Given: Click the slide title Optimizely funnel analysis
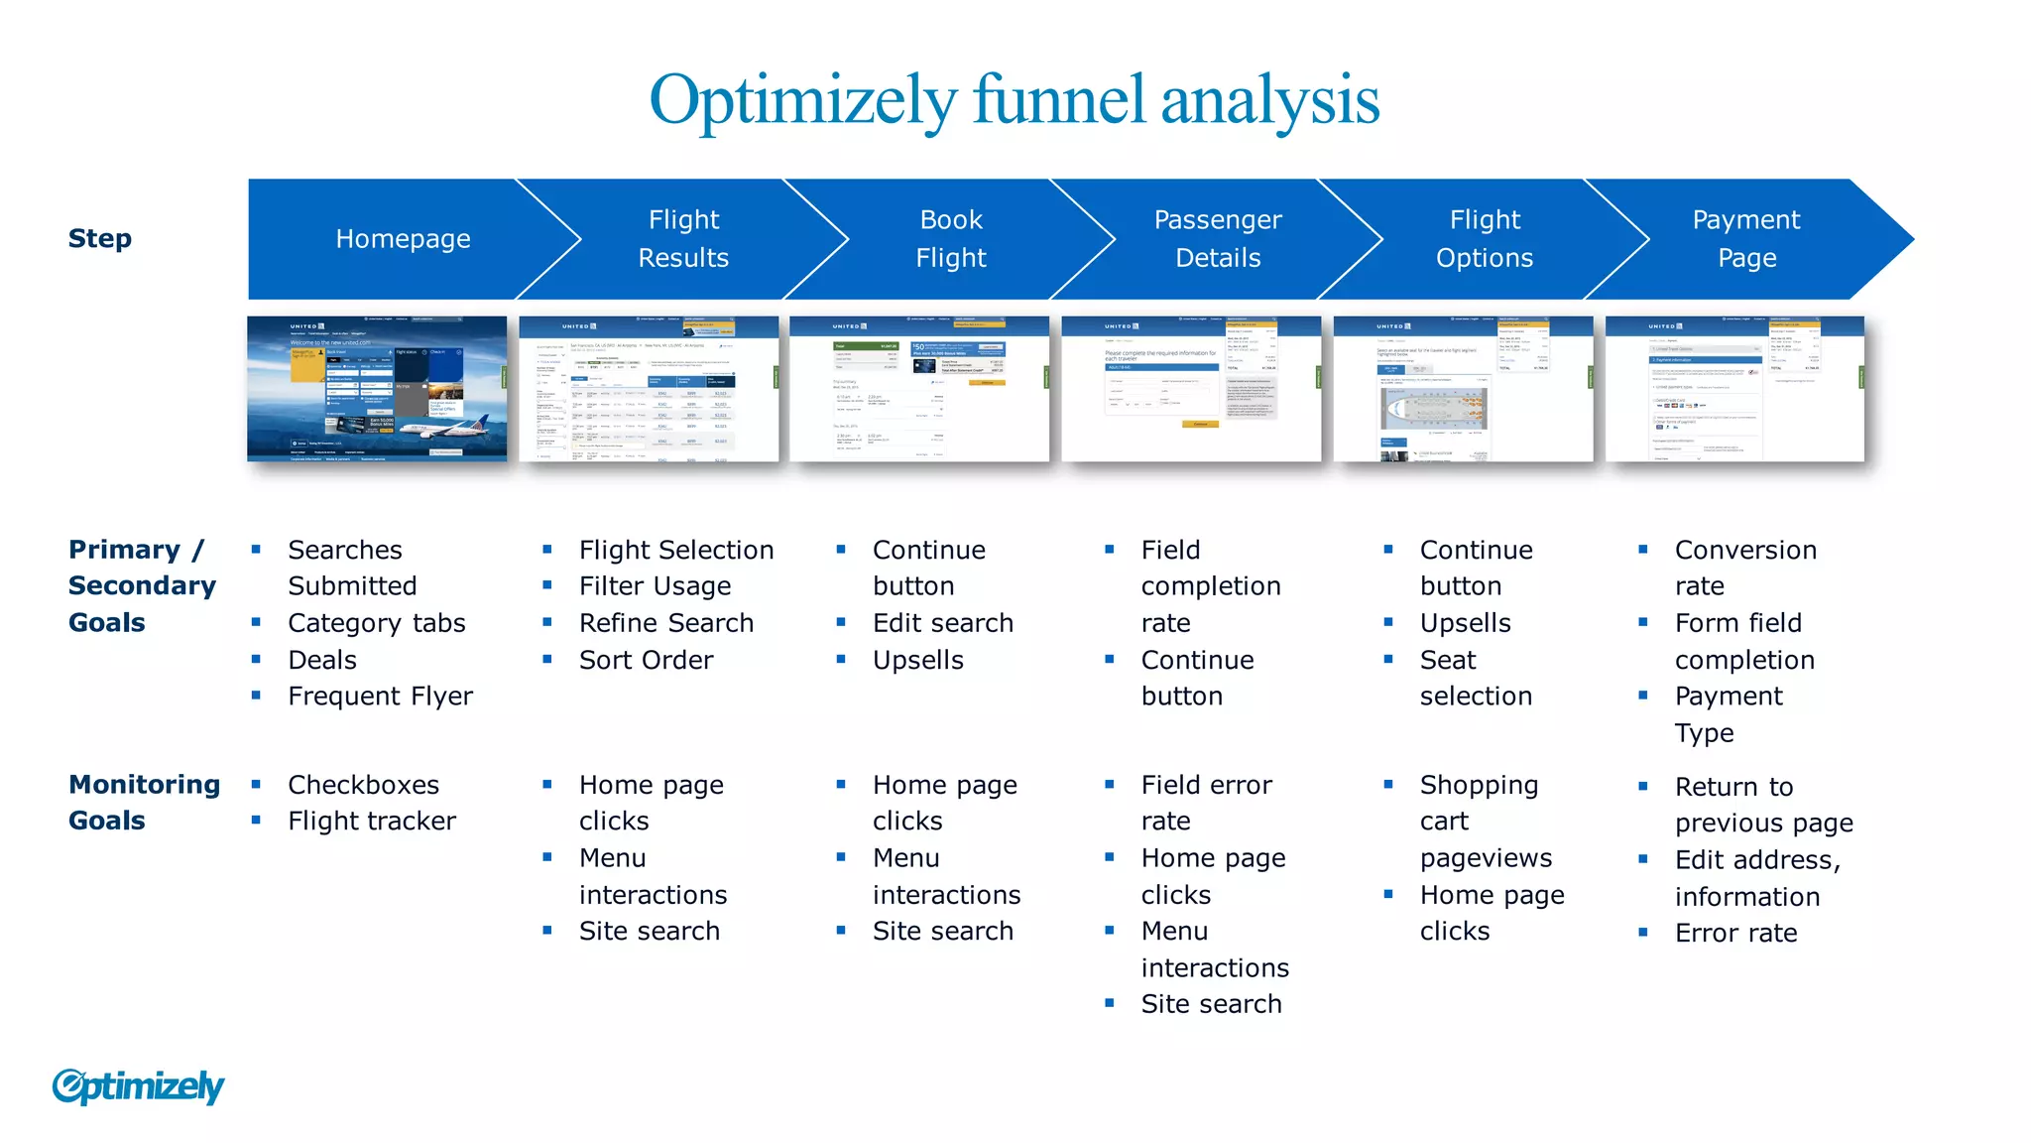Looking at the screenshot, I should pyautogui.click(x=1014, y=100).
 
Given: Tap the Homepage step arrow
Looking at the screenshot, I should pyautogui.click(x=403, y=239).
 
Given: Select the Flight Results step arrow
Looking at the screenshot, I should pyautogui.click(x=683, y=239).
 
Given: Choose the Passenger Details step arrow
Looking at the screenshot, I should pyautogui.click(x=1217, y=239).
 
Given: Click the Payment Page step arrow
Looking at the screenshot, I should pyautogui.click(x=1745, y=239).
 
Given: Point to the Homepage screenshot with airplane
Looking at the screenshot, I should pyautogui.click(x=377, y=389).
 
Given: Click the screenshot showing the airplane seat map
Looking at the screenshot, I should pyautogui.click(x=1463, y=389).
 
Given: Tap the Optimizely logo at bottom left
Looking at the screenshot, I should pyautogui.click(x=138, y=1086).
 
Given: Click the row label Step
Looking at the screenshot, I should pyautogui.click(x=99, y=239).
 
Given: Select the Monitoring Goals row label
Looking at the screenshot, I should pyautogui.click(x=144, y=803).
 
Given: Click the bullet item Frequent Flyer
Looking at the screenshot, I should pyautogui.click(x=380, y=697).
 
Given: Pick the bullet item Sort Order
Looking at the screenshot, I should pyautogui.click(x=646, y=660).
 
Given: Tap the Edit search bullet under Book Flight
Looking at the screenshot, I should pyautogui.click(x=942, y=623).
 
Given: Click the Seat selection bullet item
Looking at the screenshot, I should pyautogui.click(x=1475, y=678).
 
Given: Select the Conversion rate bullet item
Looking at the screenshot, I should pyautogui.click(x=1744, y=568).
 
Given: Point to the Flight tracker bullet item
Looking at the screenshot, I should pyautogui.click(x=372, y=822).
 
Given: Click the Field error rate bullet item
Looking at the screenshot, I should pyautogui.click(x=1206, y=803).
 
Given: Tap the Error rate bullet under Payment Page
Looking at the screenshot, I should pyautogui.click(x=1735, y=934).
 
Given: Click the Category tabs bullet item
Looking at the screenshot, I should pyautogui.click(x=376, y=623).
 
